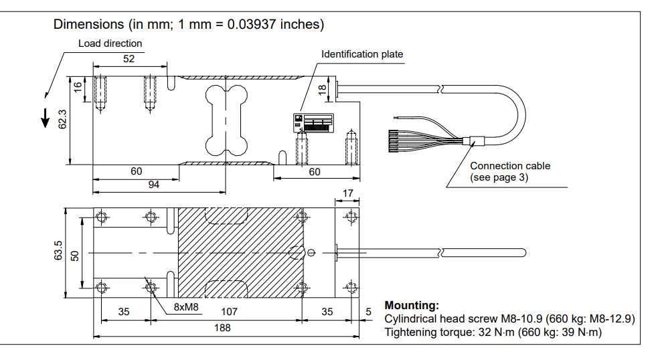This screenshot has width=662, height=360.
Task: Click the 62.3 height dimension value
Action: click(x=62, y=118)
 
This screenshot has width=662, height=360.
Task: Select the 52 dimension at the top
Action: click(x=129, y=59)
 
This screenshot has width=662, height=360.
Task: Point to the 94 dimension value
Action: click(x=154, y=185)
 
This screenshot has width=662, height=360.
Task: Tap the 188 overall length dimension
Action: click(x=222, y=328)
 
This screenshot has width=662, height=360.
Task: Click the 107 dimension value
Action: click(x=229, y=312)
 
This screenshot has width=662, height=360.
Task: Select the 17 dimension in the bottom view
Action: click(x=347, y=193)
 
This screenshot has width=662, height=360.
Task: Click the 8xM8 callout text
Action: click(x=186, y=308)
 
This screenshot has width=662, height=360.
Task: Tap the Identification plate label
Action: click(x=362, y=54)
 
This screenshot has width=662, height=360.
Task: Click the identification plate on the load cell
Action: click(x=313, y=123)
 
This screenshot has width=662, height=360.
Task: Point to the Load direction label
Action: click(x=110, y=43)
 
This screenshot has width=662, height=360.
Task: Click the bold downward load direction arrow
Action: click(x=45, y=116)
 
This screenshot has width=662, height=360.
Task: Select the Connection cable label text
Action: click(x=510, y=165)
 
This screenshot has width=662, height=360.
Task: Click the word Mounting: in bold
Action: click(x=412, y=306)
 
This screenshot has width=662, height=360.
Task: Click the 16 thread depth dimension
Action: click(x=78, y=88)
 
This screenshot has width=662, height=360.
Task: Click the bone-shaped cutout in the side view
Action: click(x=226, y=118)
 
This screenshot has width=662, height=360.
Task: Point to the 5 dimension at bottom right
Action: click(x=368, y=312)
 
